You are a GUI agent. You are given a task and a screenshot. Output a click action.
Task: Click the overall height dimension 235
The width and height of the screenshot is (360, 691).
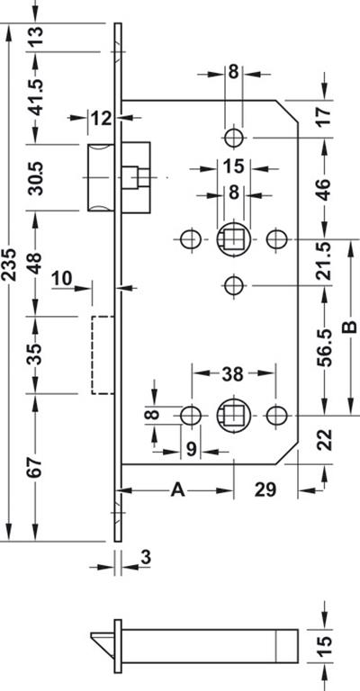8,265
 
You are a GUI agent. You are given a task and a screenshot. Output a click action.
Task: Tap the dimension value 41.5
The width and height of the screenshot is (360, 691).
35,97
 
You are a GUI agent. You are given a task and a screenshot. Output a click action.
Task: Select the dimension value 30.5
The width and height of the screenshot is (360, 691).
35,177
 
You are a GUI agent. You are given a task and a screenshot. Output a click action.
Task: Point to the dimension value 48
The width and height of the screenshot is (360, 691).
35,263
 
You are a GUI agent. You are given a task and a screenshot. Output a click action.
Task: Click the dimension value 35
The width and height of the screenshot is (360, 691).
35,354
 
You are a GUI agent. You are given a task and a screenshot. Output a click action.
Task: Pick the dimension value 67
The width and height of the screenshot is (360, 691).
35,468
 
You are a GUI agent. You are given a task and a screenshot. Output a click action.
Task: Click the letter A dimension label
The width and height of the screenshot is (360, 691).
177,489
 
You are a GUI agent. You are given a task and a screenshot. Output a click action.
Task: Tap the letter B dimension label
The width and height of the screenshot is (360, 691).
350,327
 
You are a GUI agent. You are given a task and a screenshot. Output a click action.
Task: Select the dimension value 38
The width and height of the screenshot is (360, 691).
232,374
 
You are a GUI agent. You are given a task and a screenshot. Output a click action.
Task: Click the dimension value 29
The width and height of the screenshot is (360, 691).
265,489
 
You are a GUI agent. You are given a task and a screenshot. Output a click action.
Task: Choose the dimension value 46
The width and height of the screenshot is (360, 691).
325,189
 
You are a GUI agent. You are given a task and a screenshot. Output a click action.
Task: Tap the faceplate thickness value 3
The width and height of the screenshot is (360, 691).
146,558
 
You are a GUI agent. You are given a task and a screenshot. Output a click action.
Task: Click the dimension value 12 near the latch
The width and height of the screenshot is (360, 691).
102,118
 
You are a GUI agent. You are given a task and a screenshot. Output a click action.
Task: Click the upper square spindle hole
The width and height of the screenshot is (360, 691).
233,239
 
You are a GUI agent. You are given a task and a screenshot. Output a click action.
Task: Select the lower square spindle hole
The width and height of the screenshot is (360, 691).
233,416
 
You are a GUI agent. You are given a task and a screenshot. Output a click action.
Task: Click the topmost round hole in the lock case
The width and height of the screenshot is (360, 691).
234,138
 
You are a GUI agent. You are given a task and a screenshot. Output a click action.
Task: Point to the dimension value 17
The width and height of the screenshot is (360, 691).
325,116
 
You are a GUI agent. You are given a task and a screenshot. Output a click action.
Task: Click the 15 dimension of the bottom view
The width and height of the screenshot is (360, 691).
325,647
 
